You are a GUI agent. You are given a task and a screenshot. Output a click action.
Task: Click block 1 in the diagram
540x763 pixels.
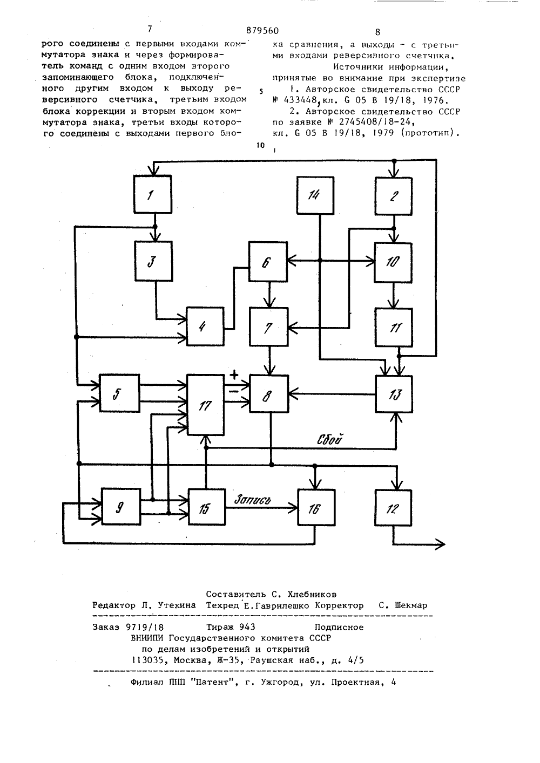click(x=153, y=194)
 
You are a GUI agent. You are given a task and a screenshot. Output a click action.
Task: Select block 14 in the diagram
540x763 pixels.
click(x=315, y=195)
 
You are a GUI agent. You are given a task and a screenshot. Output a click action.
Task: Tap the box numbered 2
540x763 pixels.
click(x=394, y=196)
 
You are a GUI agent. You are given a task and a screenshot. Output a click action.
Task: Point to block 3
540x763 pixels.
click(x=153, y=261)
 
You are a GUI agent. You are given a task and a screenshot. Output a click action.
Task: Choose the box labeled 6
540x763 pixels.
click(x=268, y=262)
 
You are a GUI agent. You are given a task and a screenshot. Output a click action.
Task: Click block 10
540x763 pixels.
click(x=393, y=262)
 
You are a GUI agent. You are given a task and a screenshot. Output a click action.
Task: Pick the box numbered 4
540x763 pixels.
click(x=205, y=326)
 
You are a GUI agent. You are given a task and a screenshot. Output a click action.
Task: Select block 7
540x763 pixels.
click(x=268, y=327)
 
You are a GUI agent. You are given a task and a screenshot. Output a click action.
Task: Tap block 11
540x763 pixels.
click(x=394, y=328)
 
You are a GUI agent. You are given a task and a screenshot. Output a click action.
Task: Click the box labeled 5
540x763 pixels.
click(x=119, y=393)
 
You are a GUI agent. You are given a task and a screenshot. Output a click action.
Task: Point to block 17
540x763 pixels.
click(x=206, y=405)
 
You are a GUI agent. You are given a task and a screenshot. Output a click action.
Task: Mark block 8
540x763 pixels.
click(x=269, y=394)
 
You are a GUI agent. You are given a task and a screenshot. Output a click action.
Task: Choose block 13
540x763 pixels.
click(x=394, y=394)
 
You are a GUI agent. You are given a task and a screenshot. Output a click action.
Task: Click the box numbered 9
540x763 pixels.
click(x=121, y=507)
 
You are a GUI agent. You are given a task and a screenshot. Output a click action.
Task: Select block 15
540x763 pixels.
click(x=207, y=507)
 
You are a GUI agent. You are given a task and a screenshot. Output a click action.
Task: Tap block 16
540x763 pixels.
click(x=316, y=507)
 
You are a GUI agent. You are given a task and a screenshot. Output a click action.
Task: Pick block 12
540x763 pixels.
click(x=393, y=508)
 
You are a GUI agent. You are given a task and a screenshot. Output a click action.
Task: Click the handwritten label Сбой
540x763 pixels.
click(x=329, y=439)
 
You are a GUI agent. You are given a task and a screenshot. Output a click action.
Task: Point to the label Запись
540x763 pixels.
click(x=253, y=499)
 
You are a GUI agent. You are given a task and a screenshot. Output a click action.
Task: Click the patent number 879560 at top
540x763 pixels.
click(x=262, y=31)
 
